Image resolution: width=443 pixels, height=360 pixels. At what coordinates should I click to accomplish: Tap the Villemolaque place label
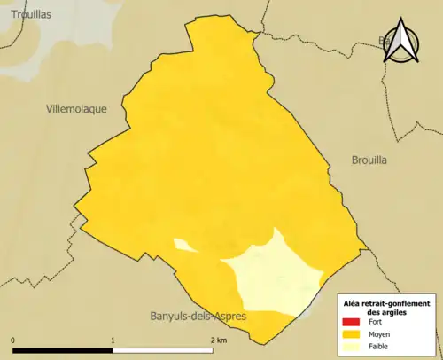[76, 109]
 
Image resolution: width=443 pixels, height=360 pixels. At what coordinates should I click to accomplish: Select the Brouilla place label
[363, 160]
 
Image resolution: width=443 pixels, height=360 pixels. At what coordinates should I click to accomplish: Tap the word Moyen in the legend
[378, 335]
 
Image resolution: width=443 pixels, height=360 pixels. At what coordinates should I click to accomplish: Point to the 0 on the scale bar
[13, 340]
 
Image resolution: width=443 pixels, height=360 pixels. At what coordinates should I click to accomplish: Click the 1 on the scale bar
[113, 340]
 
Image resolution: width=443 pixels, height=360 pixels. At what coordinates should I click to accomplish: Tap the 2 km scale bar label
[218, 340]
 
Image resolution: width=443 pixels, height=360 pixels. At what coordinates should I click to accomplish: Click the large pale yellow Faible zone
[275, 275]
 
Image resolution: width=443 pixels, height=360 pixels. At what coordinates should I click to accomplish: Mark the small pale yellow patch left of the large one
[183, 245]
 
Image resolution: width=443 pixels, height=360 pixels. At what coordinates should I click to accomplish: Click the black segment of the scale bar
[63, 348]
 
